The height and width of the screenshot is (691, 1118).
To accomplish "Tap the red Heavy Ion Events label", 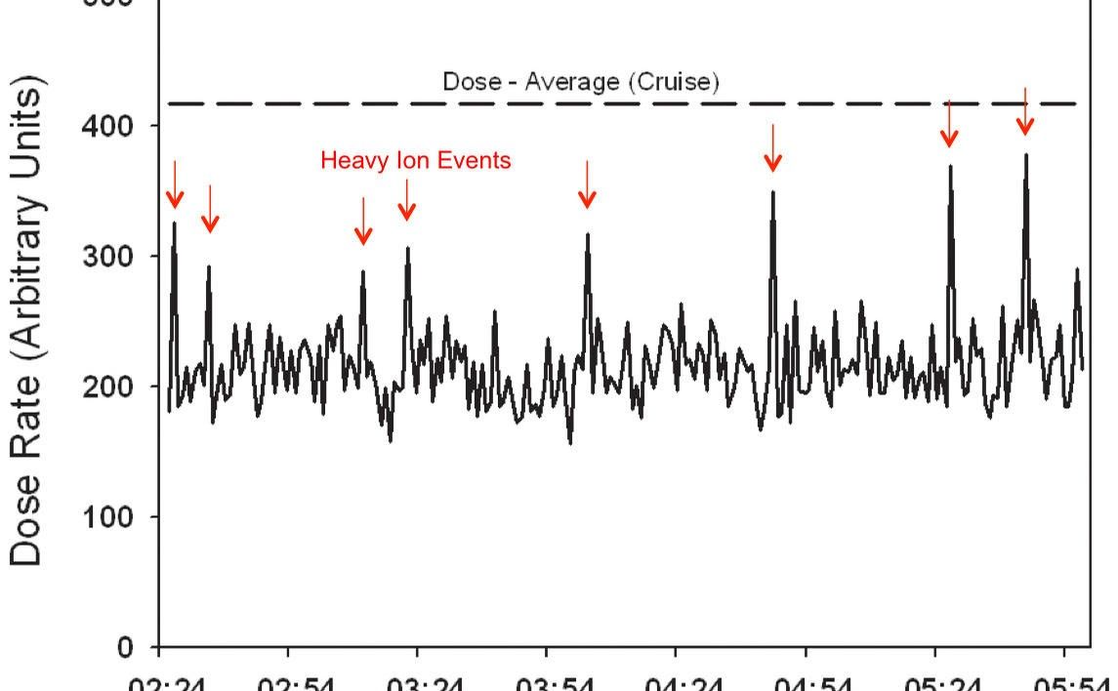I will click(415, 161).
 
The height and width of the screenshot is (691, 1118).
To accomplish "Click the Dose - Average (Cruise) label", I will click(581, 83).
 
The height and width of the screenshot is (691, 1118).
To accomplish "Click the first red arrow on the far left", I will click(175, 185).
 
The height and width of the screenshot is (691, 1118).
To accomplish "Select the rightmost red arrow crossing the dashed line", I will click(1024, 111).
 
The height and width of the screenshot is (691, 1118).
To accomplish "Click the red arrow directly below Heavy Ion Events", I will click(407, 199).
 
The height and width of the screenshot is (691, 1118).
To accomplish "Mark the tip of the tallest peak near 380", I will click(1025, 154).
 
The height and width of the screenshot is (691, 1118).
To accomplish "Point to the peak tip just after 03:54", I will click(588, 234).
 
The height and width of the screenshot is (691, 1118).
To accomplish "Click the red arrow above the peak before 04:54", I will click(772, 148).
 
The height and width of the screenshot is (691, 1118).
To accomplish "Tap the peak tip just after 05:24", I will click(950, 166).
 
